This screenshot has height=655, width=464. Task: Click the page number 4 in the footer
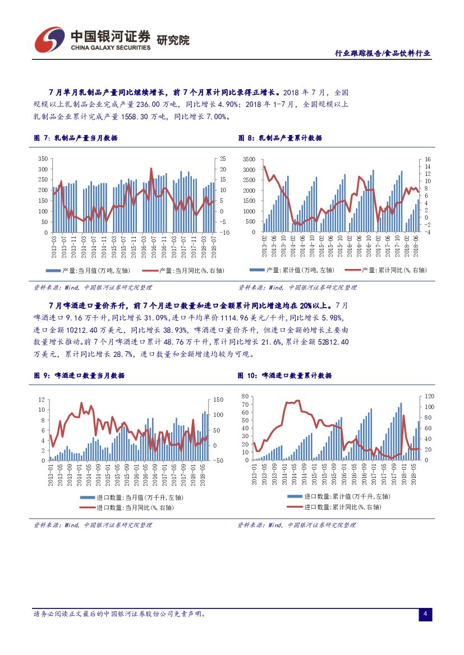(425, 615)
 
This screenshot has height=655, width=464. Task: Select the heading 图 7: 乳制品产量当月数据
(76, 138)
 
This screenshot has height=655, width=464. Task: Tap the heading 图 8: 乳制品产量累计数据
(280, 138)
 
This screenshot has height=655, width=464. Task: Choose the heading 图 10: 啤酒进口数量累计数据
(284, 375)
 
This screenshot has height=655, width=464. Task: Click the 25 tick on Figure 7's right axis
(222, 159)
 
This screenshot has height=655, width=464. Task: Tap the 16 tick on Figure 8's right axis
(428, 159)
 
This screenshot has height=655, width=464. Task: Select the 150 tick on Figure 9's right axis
(219, 399)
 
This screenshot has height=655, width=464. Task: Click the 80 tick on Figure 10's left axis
(245, 396)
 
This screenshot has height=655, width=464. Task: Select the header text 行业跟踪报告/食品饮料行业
(383, 53)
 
